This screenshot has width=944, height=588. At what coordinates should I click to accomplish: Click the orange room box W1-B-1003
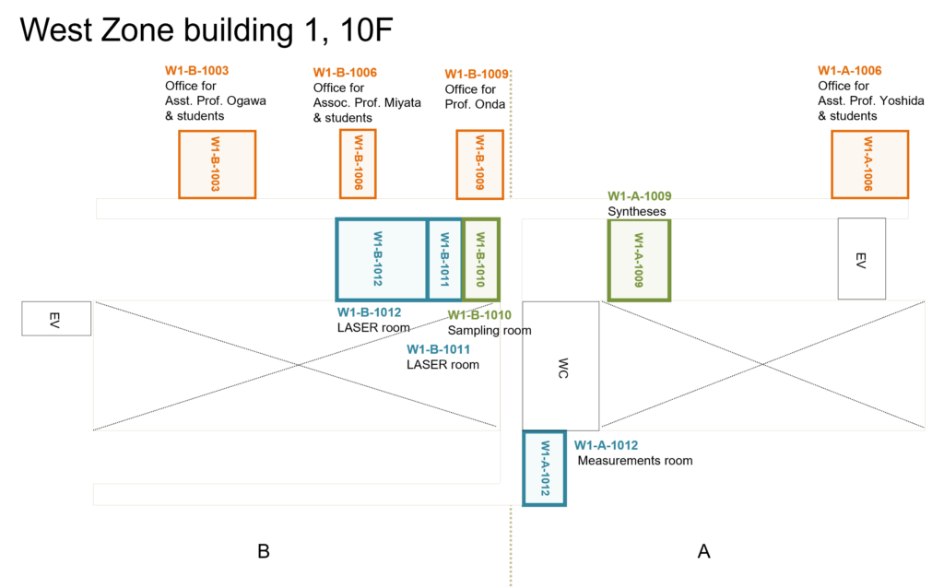point(217,164)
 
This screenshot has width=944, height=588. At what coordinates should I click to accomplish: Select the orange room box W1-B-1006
point(358,163)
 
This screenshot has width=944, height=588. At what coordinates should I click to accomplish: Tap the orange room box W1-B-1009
point(479,164)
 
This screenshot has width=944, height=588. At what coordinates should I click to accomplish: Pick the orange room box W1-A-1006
point(869,164)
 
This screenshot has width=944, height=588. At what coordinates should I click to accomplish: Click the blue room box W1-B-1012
point(381,259)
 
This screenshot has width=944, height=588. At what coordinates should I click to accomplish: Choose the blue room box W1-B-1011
point(444,259)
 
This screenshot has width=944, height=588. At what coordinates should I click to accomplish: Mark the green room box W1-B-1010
point(480,259)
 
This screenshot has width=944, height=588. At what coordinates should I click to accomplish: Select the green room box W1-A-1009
point(639,259)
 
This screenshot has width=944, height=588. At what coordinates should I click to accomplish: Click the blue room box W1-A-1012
point(544,467)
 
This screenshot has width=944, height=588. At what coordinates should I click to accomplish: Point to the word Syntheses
point(636,212)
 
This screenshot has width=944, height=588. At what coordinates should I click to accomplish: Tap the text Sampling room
point(490,330)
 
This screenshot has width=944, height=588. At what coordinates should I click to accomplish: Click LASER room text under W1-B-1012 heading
point(373,327)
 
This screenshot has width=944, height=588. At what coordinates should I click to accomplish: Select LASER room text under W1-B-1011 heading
point(442,365)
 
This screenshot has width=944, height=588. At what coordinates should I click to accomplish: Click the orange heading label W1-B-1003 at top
point(196,71)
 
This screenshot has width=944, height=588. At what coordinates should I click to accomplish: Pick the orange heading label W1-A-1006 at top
point(849,71)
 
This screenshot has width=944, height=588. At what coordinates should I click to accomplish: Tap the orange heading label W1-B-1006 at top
point(345,73)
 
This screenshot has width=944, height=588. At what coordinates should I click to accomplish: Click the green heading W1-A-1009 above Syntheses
point(639,196)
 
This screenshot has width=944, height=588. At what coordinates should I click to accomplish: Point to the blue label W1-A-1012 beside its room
point(606,445)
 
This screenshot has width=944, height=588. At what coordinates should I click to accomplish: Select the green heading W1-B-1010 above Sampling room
point(479,315)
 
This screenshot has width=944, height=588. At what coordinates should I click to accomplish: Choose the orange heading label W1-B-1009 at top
point(476,75)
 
